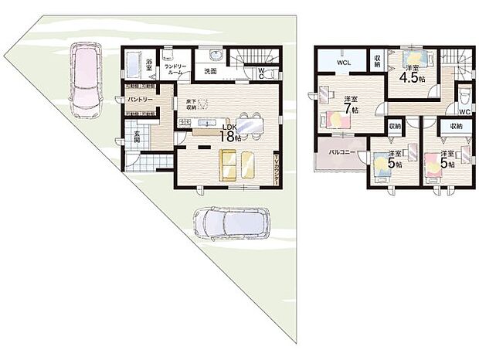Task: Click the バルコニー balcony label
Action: [x=341, y=153]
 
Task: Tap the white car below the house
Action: [x=228, y=223]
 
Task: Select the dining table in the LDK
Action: [x=249, y=124]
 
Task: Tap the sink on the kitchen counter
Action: [x=206, y=124]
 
